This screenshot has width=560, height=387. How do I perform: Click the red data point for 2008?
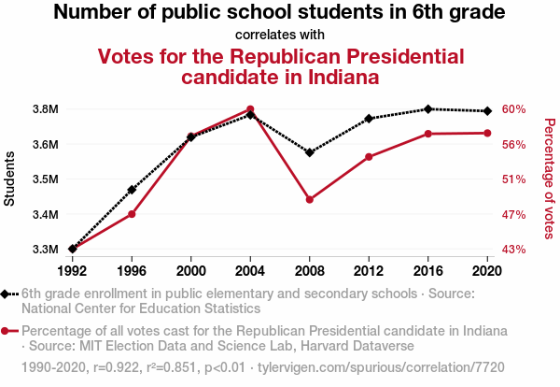tap(310, 199)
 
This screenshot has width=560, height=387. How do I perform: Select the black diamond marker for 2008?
tap(310, 152)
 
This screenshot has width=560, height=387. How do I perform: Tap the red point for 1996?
tap(132, 214)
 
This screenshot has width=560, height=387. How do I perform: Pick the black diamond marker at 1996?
tap(132, 190)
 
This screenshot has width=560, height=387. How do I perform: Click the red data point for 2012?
tap(369, 156)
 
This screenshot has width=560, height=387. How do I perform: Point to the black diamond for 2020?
tap(487, 111)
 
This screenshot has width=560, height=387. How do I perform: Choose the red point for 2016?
tap(428, 134)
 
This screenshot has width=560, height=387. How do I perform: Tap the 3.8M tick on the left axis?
tap(45, 109)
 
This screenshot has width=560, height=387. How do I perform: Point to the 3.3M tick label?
tap(45, 250)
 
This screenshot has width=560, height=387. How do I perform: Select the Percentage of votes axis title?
tap(549, 178)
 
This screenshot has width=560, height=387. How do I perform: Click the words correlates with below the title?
tap(280, 36)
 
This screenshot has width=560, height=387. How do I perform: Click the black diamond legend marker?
tap(6, 294)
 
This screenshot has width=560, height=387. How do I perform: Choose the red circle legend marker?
tap(6, 331)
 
